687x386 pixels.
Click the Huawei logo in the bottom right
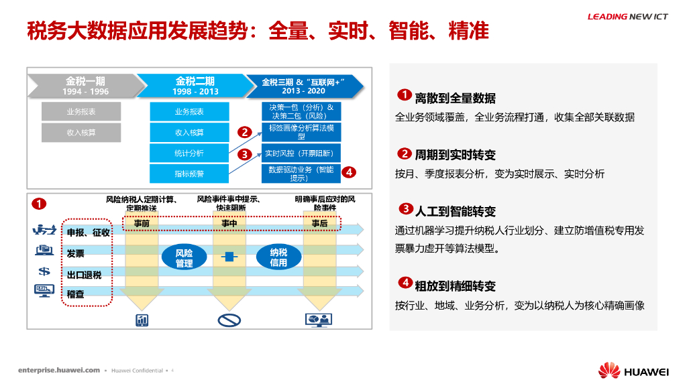633,371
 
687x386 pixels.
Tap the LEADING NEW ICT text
627,17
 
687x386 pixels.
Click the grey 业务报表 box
81,112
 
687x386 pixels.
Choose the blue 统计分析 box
189,153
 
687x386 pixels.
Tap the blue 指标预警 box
189,174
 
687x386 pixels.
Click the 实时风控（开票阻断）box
301,153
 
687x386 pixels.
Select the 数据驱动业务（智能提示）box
301,174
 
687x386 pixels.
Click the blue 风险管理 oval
184,257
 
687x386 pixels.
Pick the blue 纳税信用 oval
278,257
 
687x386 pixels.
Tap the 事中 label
229,223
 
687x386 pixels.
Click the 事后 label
319,223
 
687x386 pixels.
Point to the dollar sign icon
44,271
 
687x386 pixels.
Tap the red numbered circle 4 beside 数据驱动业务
348,172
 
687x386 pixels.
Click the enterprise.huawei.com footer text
59,370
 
